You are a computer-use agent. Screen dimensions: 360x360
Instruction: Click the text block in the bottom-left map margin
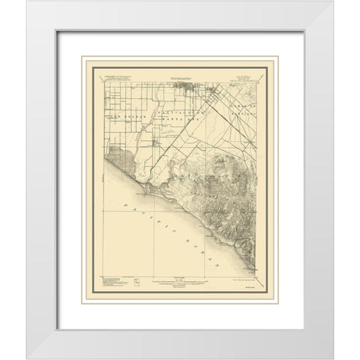tap(109, 282)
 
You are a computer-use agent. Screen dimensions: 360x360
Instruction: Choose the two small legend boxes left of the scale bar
tap(138, 281)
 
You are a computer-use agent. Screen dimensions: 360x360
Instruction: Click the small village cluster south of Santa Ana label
tap(155, 138)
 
